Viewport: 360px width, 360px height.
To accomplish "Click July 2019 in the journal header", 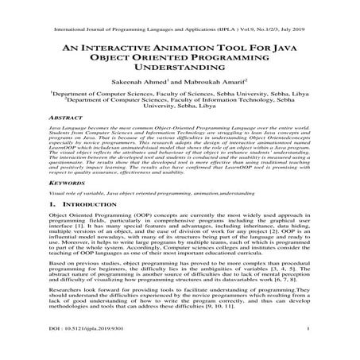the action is [295, 13].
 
